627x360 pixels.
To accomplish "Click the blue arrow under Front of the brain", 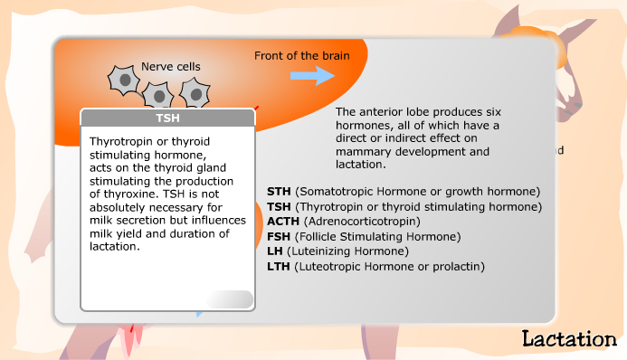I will coord(312,75).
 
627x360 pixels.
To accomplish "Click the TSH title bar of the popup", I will coord(167,118).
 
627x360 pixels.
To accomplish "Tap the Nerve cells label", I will coord(171,66).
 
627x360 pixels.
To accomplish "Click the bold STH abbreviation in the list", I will coord(280,192).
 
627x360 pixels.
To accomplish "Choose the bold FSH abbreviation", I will coord(280,237).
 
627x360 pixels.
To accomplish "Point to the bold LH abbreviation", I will coord(275,251).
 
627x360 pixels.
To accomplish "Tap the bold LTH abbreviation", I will coord(280,267).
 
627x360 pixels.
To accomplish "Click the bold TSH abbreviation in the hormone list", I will coord(280,207).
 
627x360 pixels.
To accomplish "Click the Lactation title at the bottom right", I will coord(568,339).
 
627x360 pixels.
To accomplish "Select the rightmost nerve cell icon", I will coord(195,92).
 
